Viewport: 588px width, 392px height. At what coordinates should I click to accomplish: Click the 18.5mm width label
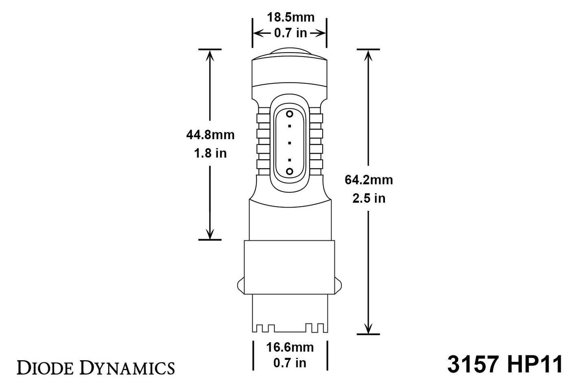click(x=290, y=18)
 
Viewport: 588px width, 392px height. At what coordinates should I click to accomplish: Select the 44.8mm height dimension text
click(x=210, y=135)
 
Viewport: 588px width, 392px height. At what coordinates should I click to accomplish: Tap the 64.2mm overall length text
click(x=369, y=180)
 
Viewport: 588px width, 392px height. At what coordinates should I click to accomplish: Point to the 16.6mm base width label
click(x=290, y=347)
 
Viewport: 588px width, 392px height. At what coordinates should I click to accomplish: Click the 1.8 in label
click(x=210, y=153)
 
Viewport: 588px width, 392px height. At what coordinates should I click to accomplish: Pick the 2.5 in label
click(x=369, y=198)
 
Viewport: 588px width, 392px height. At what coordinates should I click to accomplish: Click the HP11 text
click(x=535, y=364)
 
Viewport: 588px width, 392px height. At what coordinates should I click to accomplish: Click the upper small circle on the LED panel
click(x=290, y=114)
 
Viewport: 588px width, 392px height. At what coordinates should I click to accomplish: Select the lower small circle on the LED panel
click(x=290, y=171)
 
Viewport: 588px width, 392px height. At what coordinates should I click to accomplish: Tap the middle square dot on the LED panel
click(x=290, y=143)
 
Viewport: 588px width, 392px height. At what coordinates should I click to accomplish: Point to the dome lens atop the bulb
click(x=290, y=52)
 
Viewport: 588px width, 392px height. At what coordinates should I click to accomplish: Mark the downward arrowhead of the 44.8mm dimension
click(x=210, y=234)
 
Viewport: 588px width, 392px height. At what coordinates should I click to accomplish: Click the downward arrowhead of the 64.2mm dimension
click(x=369, y=328)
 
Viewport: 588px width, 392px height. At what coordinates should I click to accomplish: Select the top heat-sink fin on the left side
click(x=263, y=119)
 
